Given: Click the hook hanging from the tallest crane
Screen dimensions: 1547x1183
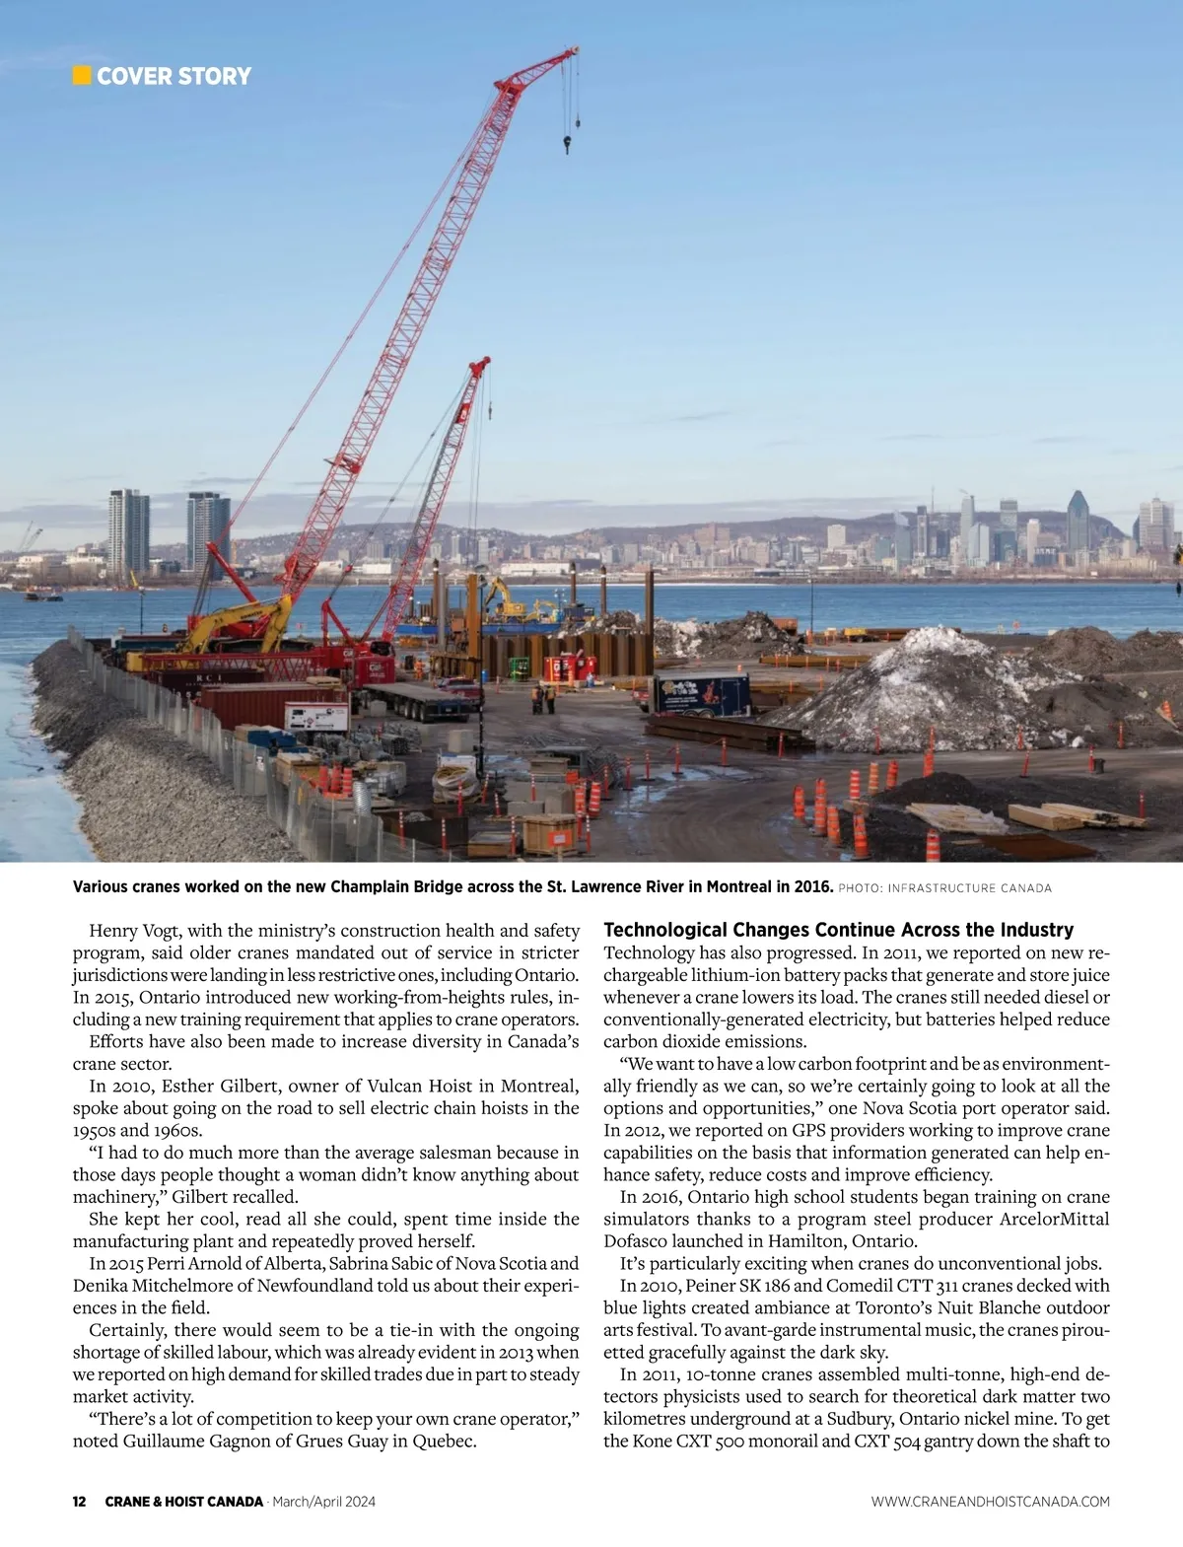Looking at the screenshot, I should click(x=568, y=145).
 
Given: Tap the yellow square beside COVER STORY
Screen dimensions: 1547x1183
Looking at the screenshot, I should click(x=82, y=76).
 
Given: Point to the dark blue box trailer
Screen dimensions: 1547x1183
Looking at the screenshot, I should click(x=701, y=693).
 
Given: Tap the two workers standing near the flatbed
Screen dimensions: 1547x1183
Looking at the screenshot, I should click(x=543, y=699).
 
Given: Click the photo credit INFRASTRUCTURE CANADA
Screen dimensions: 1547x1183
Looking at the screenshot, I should click(x=969, y=888).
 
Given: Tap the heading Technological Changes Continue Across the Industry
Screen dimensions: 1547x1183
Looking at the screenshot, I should click(x=838, y=930).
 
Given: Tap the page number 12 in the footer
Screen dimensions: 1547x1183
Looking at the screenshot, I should click(x=80, y=1502).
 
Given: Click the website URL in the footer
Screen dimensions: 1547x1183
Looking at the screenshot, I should click(x=990, y=1502).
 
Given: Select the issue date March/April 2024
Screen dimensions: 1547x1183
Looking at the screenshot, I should click(x=323, y=1502).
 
